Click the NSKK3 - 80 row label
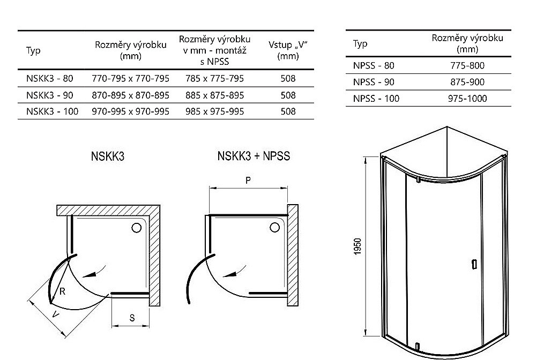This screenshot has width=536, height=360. pos(49,79)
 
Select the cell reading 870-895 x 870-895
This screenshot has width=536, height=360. pos(131,95)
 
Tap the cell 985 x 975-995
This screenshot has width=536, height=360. pos(215,111)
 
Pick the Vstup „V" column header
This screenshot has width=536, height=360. pos(288,50)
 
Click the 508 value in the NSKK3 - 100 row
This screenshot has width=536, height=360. pos(288,111)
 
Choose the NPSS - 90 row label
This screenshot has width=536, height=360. pos(374,82)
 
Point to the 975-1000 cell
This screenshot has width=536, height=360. pos(467,99)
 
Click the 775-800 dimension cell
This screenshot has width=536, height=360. pos(467,65)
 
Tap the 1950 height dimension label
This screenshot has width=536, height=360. pos(358,246)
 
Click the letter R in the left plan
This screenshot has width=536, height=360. pos(62,291)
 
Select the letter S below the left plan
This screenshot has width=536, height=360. pos(132,318)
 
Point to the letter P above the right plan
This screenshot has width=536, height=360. pos(248,180)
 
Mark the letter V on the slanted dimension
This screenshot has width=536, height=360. pos(55,314)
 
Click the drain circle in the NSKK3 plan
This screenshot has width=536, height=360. pos(136,228)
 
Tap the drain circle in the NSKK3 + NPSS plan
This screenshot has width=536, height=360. pos(275,227)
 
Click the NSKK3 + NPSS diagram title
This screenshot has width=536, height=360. pos(254,156)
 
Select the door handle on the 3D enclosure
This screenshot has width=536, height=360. pos(474,264)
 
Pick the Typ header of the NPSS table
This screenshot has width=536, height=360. pos(360,44)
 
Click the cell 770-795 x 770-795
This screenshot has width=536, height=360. pos(131,79)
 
